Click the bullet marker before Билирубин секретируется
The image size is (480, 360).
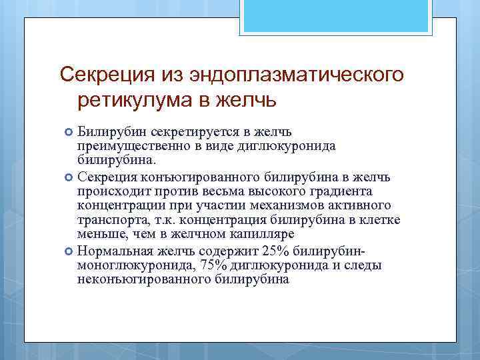pos(69,133)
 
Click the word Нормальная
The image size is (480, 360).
pos(113,251)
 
